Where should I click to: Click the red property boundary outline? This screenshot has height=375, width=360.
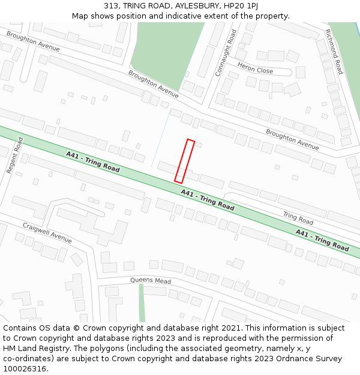coord(185,161)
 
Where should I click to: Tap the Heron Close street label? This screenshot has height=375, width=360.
coord(255,68)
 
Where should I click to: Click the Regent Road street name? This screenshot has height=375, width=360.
coord(14,155)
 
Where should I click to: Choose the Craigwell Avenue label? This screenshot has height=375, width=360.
coord(47,233)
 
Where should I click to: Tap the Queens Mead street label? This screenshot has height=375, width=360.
coord(151,280)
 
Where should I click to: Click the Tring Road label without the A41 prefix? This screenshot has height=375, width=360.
coord(298,218)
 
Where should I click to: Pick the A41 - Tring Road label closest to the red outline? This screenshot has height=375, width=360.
coord(208,199)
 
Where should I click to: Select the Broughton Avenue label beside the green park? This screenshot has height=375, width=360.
coord(154,83)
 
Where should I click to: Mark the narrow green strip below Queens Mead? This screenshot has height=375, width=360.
coord(142,303)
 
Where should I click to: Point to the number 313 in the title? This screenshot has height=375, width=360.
coord(111,5)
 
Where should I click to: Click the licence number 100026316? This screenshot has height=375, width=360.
coord(25,369)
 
